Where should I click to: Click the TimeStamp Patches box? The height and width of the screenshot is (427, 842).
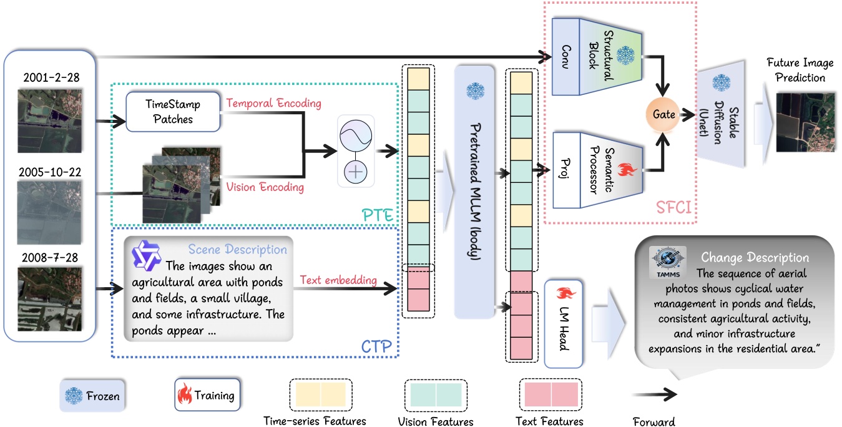pyautogui.click(x=173, y=112)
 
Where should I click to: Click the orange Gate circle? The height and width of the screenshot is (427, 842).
pyautogui.click(x=663, y=115)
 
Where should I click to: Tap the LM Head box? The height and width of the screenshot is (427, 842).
pyautogui.click(x=564, y=323)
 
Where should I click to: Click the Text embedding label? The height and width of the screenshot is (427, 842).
pyautogui.click(x=338, y=280)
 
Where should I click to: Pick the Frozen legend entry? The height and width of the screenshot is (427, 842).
pyautogui.click(x=91, y=396)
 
